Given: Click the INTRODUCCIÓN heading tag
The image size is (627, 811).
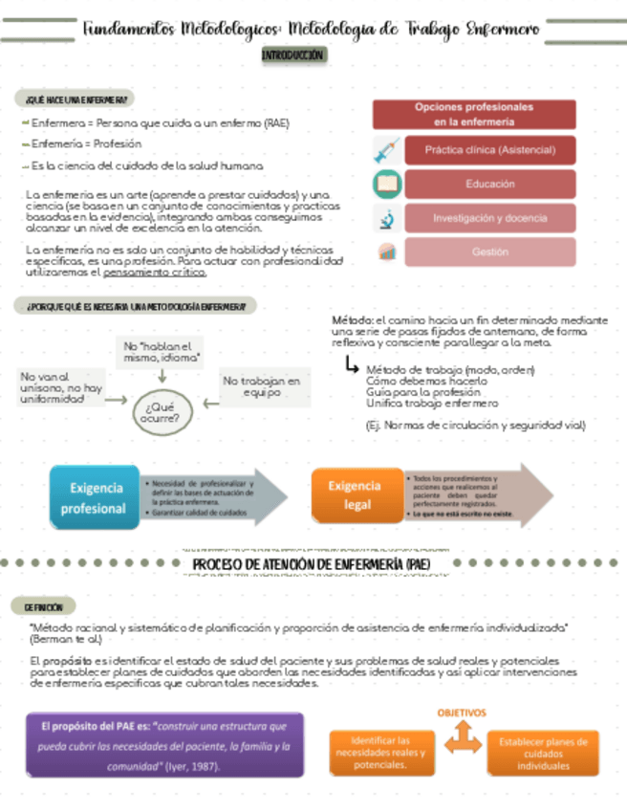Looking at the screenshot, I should (x=294, y=55).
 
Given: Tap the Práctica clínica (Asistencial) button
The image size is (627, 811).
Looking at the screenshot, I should (x=489, y=150).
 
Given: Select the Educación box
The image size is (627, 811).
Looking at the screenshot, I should (x=489, y=184).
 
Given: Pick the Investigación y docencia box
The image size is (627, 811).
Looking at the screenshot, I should (x=489, y=218).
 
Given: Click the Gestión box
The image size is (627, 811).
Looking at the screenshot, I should (x=489, y=252).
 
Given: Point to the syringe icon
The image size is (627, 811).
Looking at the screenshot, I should (x=386, y=150).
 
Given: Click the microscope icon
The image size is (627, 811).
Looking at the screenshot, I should (x=386, y=219).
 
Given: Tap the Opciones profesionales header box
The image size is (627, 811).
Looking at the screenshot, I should (x=474, y=115).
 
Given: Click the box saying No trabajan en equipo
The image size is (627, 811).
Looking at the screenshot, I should (x=261, y=386).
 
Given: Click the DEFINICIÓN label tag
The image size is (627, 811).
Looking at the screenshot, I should (x=44, y=606).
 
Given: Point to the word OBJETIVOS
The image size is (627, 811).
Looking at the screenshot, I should (x=463, y=712).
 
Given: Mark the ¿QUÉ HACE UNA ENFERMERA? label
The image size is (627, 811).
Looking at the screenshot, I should (x=74, y=99).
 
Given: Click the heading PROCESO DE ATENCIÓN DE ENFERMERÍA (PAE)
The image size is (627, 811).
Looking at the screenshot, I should (x=312, y=565).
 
